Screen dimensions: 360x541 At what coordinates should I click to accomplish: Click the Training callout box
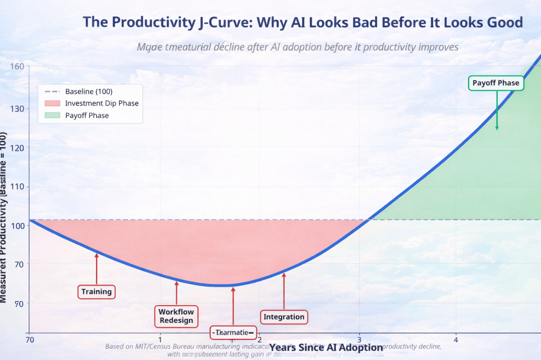97,291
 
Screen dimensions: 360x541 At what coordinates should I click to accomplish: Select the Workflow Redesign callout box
176,316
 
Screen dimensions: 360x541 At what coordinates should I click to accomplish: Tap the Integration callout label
284,317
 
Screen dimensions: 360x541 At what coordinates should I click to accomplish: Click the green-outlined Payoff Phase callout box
496,83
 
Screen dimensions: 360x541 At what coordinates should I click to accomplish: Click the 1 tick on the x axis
160,339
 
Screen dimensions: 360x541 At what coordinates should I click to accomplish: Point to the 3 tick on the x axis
360,339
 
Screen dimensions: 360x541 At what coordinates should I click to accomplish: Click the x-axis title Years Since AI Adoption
326,348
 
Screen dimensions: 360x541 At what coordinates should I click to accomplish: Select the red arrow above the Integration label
284,290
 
